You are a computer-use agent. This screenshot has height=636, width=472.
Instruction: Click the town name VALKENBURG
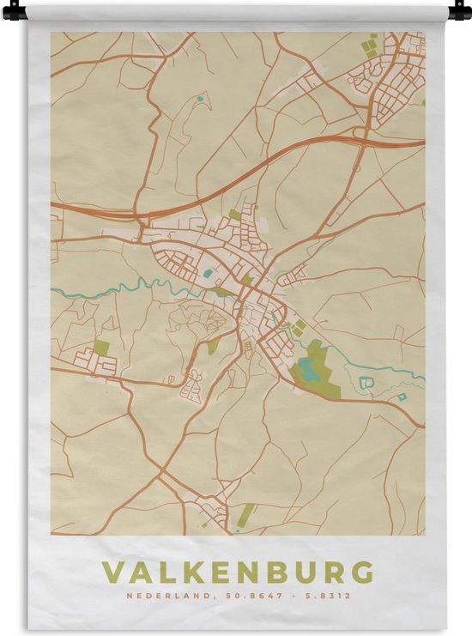click(238, 572)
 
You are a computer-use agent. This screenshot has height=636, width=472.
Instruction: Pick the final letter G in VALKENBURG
click(363, 572)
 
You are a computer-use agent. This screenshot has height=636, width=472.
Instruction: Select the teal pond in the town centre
click(208, 275)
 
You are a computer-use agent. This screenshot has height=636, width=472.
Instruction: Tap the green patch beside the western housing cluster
click(101, 348)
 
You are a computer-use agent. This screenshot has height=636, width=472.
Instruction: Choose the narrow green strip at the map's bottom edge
click(245, 515)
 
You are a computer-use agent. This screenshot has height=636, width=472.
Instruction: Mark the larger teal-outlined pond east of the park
click(367, 382)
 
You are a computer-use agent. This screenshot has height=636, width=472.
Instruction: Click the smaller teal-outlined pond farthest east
click(402, 397)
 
